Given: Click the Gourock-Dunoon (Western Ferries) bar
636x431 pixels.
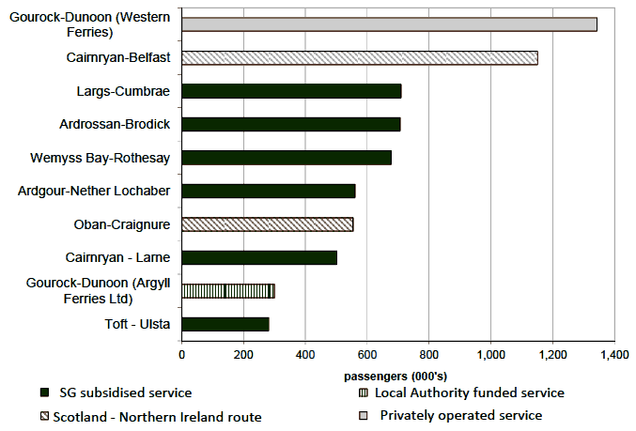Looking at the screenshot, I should (389, 24).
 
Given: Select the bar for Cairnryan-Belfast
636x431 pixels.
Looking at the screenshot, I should (360, 58).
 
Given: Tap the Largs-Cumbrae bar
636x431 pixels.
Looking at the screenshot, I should (291, 91).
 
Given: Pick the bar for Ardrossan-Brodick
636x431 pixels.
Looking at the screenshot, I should (291, 124).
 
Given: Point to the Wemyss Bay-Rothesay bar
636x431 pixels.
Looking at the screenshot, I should (287, 157).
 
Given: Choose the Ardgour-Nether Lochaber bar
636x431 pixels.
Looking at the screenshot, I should (269, 191).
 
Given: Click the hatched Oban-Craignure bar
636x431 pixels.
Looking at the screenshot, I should (268, 224).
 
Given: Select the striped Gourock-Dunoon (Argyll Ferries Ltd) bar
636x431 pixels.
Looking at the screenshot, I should (228, 291).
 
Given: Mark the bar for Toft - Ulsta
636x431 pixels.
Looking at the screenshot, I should (225, 324).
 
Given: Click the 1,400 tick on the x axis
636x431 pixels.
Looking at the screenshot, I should (613, 356).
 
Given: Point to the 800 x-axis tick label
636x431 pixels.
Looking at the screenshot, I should (428, 356).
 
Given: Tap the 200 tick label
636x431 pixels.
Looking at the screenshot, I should (243, 356).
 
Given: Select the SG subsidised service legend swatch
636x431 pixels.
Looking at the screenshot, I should (43, 393).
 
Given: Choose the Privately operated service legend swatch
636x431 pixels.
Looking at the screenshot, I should (364, 415).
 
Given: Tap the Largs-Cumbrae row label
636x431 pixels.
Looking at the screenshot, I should (123, 91).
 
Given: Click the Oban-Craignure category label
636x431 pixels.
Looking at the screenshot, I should (121, 224).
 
